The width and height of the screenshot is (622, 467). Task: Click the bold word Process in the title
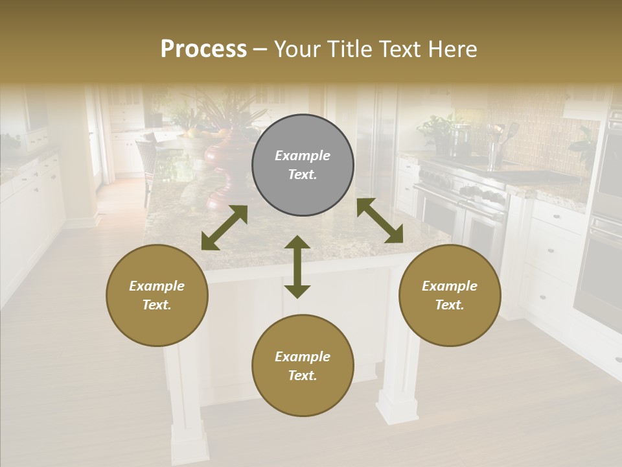click(203, 49)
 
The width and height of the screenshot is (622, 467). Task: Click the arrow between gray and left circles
click(224, 228)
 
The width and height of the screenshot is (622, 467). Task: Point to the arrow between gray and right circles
click(380, 221)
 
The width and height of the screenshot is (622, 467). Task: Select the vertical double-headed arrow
click(297, 267)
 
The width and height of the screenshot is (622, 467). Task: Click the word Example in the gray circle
click(303, 156)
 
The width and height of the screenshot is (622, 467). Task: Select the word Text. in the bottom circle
click(303, 376)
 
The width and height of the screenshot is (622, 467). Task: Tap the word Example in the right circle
click(450, 286)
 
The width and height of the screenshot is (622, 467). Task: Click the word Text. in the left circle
click(157, 305)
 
